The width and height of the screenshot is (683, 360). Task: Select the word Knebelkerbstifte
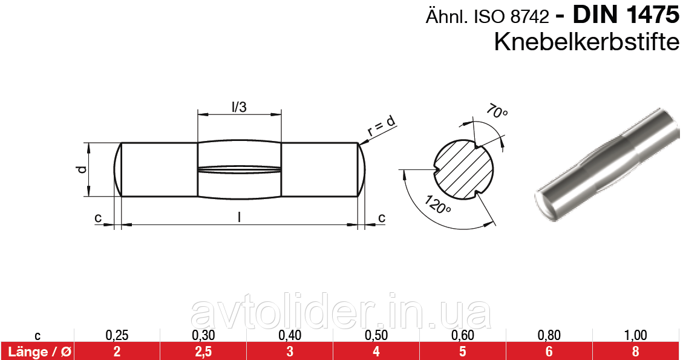click(x=587, y=42)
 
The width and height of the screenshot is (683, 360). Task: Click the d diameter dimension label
click(x=80, y=170)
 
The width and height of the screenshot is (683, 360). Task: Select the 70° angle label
click(x=496, y=112)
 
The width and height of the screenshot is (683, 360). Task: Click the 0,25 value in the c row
click(x=117, y=335)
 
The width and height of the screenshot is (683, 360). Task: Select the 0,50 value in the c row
click(x=376, y=335)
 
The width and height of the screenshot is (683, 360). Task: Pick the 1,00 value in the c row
click(x=635, y=335)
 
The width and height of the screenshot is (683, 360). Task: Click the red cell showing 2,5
click(x=203, y=351)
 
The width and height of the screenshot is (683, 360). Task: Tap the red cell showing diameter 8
click(x=635, y=351)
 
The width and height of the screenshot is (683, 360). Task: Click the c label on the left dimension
click(x=97, y=218)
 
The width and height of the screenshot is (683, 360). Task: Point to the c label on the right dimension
click(x=381, y=217)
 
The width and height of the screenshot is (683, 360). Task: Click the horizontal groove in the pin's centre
click(x=240, y=170)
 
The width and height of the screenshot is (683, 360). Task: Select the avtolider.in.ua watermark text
click(x=340, y=314)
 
